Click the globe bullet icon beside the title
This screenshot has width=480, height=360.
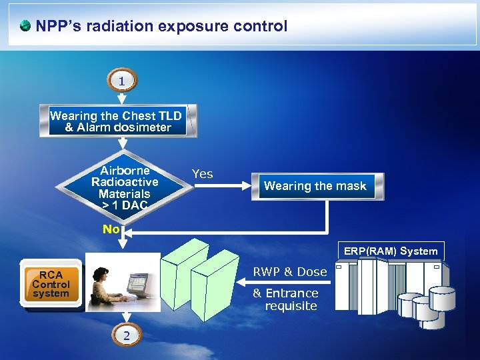[x=25, y=27]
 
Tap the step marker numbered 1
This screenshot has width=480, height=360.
[x=123, y=81]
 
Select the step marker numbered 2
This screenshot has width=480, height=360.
[x=126, y=335]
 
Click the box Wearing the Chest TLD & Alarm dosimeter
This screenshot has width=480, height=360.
[x=119, y=121]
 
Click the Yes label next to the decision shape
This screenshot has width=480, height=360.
[x=202, y=174]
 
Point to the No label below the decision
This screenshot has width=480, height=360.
[x=111, y=229]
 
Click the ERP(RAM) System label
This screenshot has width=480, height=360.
[x=391, y=251]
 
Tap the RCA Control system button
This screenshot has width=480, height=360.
[x=51, y=285]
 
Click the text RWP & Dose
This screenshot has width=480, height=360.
[x=289, y=271]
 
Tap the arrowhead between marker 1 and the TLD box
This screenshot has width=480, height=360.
[x=123, y=98]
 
